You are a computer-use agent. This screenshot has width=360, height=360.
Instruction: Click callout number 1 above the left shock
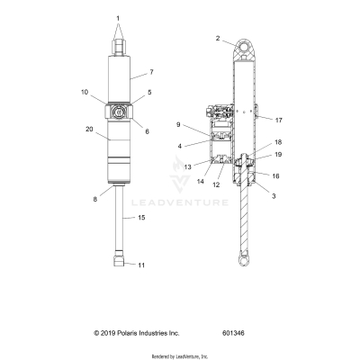pos(117,18)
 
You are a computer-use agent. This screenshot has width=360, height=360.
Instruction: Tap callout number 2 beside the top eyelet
pos(217,38)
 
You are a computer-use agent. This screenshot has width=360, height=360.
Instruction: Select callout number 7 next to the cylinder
pos(152,71)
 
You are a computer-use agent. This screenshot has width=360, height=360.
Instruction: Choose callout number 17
pos(279,118)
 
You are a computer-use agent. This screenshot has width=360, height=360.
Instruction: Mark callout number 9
pos(179,123)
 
